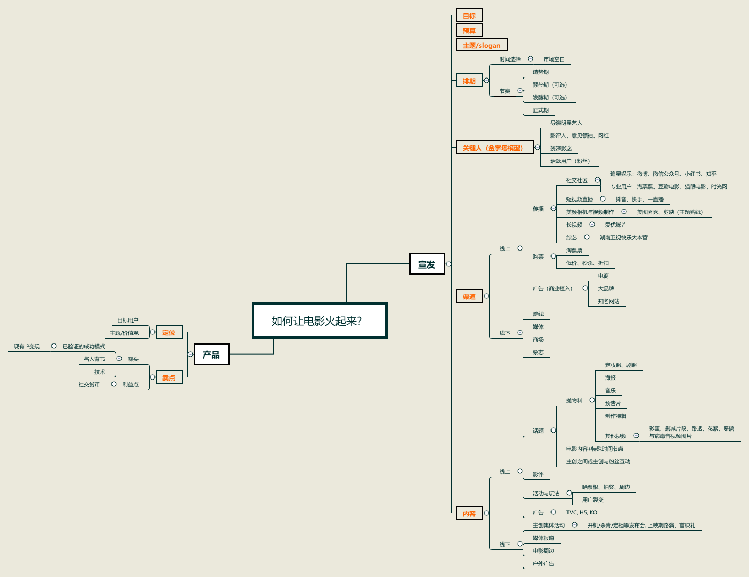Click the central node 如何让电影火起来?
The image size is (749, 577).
[319, 321]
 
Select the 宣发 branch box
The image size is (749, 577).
[427, 264]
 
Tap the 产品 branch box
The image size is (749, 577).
[211, 355]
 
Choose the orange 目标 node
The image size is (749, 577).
[469, 15]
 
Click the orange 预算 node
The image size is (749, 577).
[469, 30]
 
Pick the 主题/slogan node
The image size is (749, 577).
[481, 45]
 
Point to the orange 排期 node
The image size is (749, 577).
[469, 81]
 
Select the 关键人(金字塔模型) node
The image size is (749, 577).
[495, 148]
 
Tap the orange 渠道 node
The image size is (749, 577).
[469, 296]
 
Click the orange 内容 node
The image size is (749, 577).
[469, 513]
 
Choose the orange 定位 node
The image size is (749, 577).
[169, 332]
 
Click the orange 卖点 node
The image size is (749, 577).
[169, 377]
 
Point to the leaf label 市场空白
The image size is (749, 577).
[554, 59]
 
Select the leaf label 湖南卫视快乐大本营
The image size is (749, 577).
[624, 237]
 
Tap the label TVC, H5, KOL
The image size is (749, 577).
[583, 512]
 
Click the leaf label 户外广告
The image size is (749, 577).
[544, 563]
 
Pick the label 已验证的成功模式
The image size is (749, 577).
[84, 346]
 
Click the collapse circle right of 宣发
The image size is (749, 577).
[449, 264]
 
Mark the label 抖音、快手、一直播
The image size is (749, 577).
[640, 199]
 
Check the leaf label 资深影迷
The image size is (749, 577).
[561, 148]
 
